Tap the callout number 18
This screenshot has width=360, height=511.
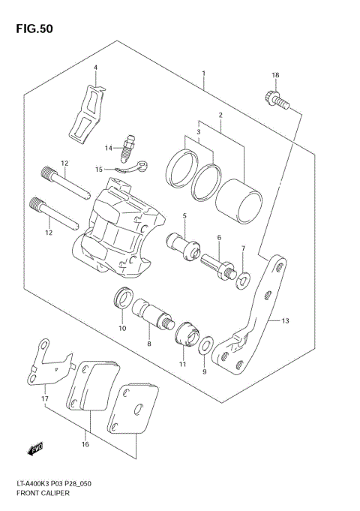coord(275,76)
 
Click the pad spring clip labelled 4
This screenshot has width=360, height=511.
coord(87,113)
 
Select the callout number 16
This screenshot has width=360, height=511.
coord(86,444)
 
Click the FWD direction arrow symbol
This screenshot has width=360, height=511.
coord(34,449)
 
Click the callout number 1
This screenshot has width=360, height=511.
coord(203,74)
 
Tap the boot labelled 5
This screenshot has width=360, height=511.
coord(184,244)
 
